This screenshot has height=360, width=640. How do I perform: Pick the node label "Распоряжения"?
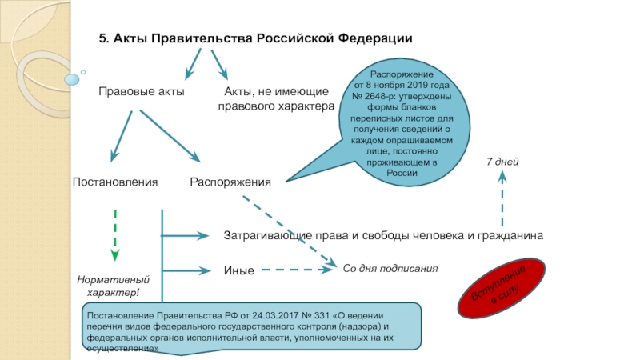pos(230,182)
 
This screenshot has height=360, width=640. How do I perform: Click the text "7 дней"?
pos(503,162)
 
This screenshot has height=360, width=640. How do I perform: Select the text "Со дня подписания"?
pos(390,269)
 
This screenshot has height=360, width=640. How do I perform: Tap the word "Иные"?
pos(238,270)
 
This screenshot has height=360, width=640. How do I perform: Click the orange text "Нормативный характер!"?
pos(113,286)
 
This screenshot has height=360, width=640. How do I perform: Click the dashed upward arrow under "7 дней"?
pos(502,200)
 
